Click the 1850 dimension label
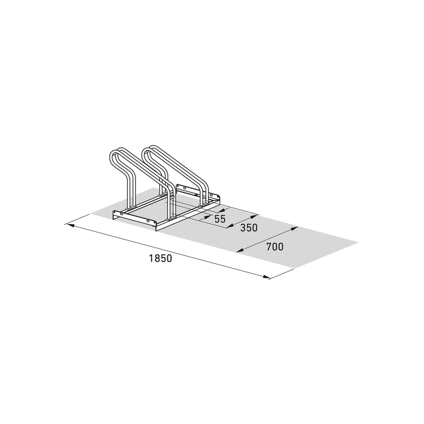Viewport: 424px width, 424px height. point(160,258)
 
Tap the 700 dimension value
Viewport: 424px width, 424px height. point(275,247)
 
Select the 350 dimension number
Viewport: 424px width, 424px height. point(249,228)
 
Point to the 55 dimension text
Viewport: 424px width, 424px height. point(220,219)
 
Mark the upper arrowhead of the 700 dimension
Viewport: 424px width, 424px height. point(294,229)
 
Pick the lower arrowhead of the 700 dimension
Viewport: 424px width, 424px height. point(240,251)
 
